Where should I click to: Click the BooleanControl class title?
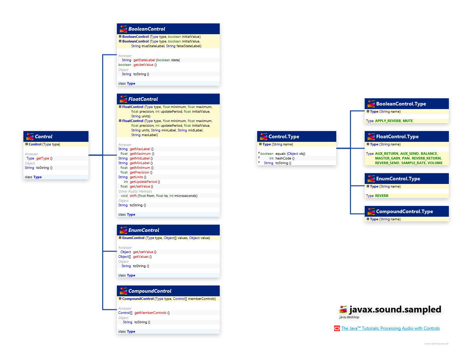tap(146, 29)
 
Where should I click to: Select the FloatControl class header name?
tap(143, 99)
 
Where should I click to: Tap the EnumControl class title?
tap(144, 230)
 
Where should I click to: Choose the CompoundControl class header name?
tap(150, 291)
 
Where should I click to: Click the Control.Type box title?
tap(284, 136)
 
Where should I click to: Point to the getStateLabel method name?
tap(144, 60)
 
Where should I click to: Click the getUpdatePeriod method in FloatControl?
tap(143, 182)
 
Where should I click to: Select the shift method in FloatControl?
tap(133, 196)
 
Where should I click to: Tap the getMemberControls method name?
tap(150, 313)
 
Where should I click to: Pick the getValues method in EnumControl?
tap(141, 257)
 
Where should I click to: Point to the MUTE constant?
tap(407, 121)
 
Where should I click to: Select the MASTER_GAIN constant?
tap(387, 158)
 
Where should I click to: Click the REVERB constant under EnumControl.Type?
tap(381, 196)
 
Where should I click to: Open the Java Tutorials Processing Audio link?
tap(390, 328)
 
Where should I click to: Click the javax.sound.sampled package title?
tap(395, 310)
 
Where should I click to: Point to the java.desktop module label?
tap(349, 317)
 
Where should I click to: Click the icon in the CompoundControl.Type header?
tap(371, 212)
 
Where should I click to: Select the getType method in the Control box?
tap(42, 158)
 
